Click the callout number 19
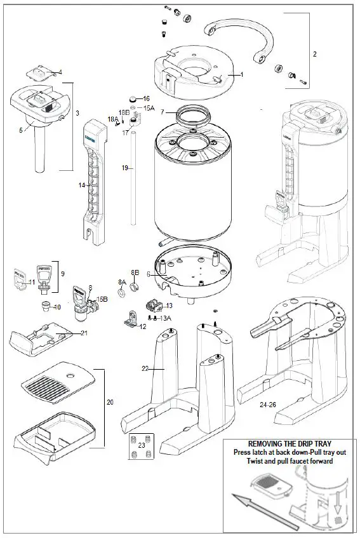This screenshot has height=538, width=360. [x=125, y=168]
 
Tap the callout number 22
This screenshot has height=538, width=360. [x=145, y=368]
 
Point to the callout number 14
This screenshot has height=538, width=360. [x=82, y=185]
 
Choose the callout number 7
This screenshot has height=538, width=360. [x=163, y=112]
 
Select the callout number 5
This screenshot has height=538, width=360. [x=21, y=130]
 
